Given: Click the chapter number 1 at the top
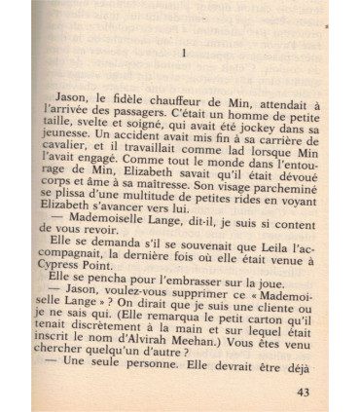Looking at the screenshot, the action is tap(184, 54).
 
